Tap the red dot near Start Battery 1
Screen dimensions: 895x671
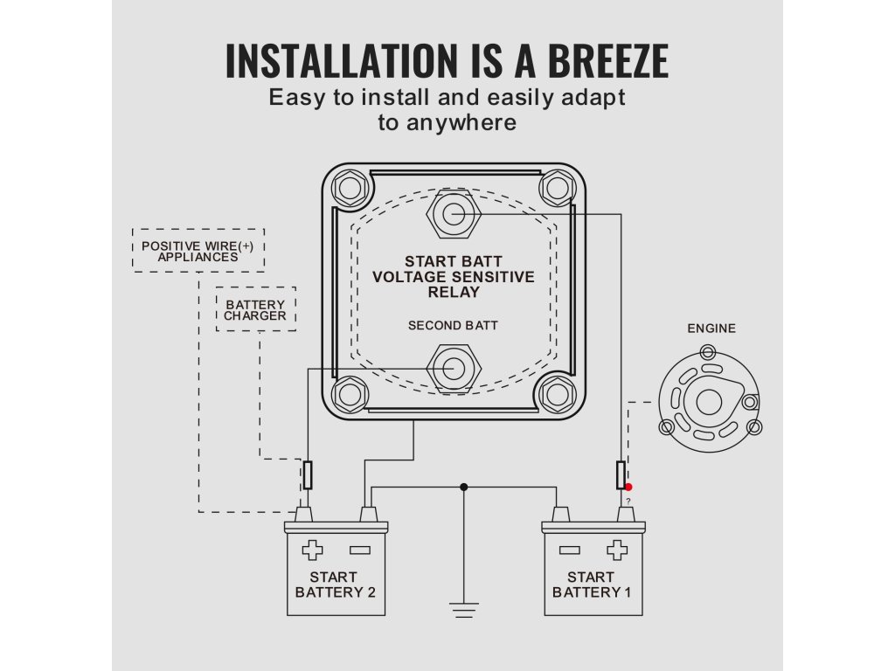(x=628, y=487)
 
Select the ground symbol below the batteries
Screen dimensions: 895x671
(x=464, y=609)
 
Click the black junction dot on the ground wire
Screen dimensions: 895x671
(x=464, y=487)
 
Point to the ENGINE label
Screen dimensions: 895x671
(x=711, y=329)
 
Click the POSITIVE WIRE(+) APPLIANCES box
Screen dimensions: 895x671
(x=198, y=251)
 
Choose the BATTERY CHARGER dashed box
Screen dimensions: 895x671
(x=255, y=309)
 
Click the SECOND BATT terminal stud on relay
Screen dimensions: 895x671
(x=453, y=368)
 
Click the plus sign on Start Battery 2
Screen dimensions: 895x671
(x=312, y=550)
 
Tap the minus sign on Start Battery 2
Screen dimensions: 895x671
(x=359, y=550)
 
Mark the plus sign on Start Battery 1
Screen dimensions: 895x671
(x=617, y=550)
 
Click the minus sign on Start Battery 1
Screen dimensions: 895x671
(x=570, y=550)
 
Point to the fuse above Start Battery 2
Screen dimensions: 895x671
(x=308, y=475)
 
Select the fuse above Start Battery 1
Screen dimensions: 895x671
(x=621, y=475)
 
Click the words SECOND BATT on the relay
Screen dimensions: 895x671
(x=453, y=326)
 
